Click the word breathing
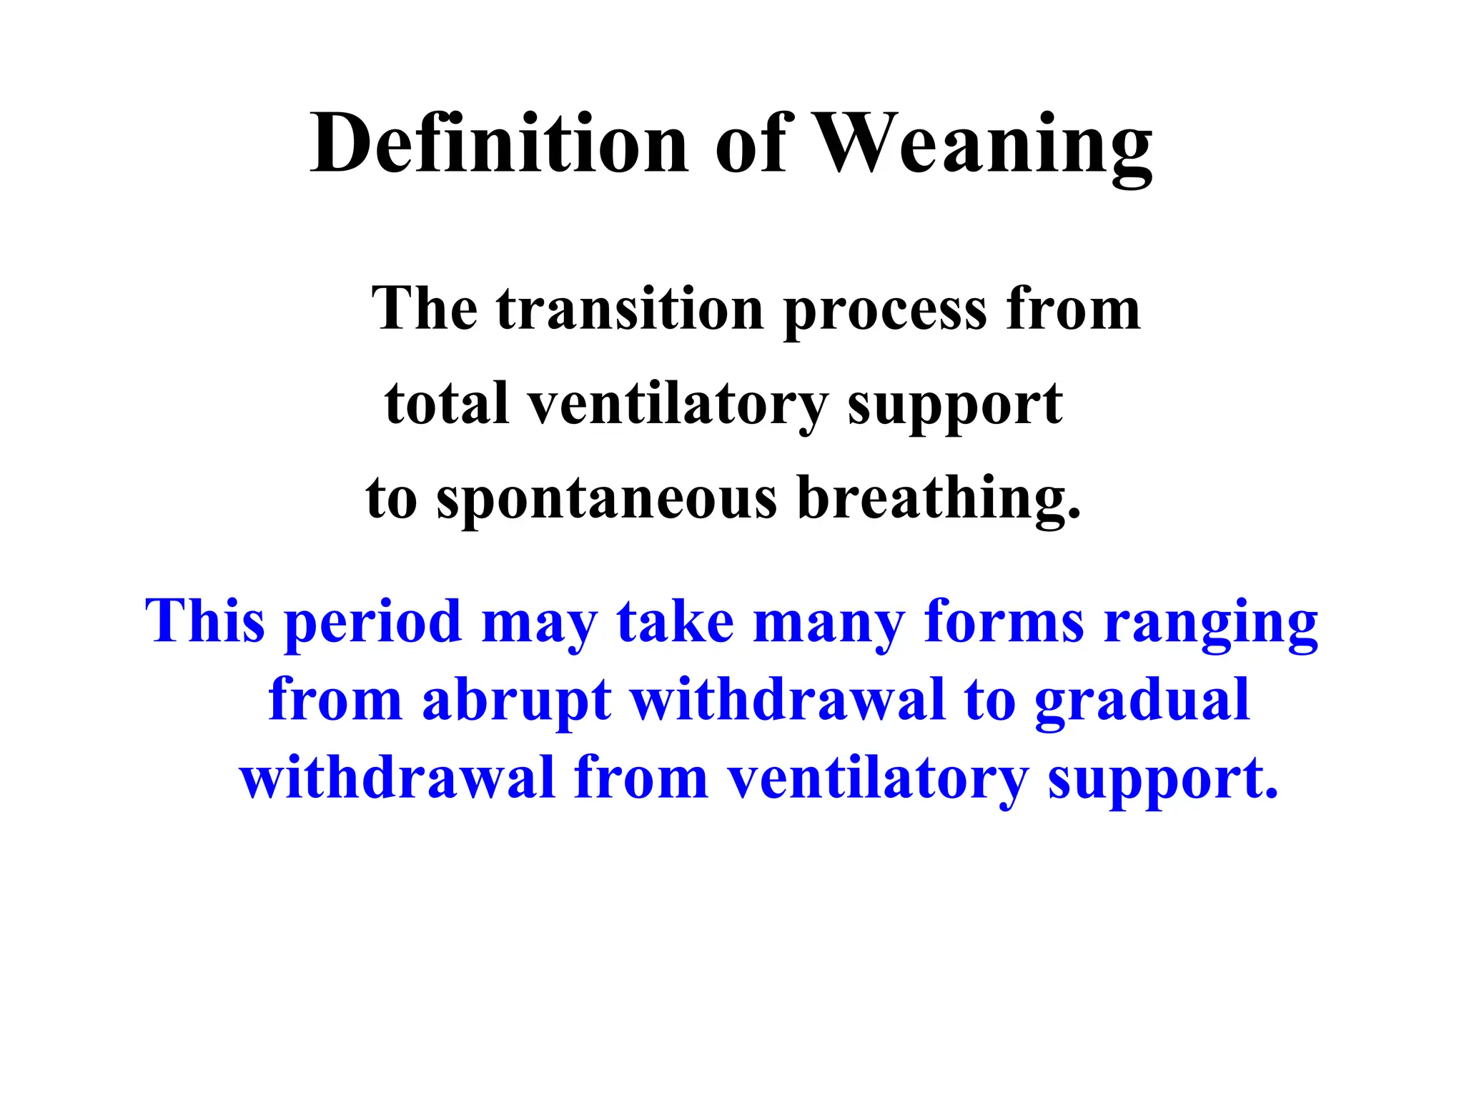[939, 499]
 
